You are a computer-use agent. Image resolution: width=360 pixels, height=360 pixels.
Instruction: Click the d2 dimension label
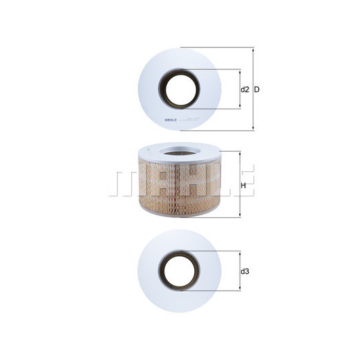coord(245,90)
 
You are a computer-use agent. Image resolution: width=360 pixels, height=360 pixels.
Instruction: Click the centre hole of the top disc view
coord(180,88)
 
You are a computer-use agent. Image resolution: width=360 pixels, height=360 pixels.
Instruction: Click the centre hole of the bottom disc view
coord(180,271)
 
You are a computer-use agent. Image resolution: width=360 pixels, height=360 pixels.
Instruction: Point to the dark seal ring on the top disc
coord(162,88)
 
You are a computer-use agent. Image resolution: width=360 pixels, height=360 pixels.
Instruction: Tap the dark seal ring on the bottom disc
coord(162,271)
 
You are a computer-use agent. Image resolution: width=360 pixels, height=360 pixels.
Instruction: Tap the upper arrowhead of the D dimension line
coord(253,50)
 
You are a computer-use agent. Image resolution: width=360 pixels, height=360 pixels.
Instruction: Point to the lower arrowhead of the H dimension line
coord(239,215)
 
